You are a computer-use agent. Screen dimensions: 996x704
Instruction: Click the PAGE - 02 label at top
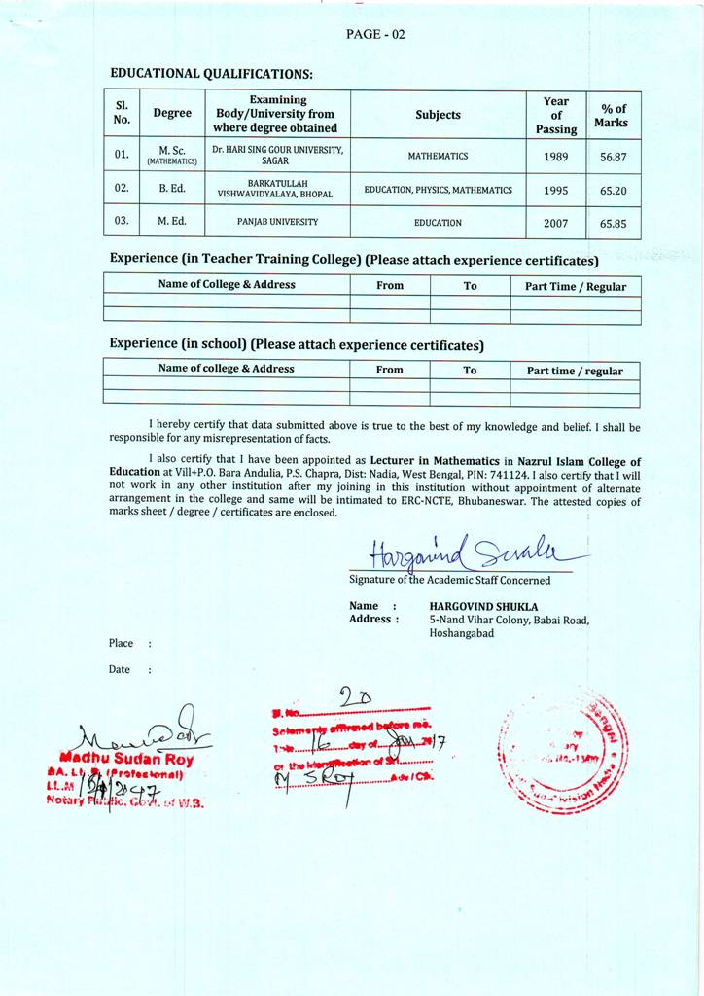(x=375, y=34)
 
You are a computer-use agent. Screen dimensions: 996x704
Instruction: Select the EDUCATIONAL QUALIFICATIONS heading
(x=211, y=73)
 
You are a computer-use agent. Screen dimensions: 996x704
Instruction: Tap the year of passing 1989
(x=556, y=157)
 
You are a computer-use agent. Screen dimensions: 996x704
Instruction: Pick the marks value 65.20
(x=613, y=191)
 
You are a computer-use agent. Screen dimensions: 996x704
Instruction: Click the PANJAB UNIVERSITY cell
(x=277, y=222)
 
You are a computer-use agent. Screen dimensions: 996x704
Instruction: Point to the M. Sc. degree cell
(x=172, y=155)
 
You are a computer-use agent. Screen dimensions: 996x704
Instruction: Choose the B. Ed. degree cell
(x=172, y=188)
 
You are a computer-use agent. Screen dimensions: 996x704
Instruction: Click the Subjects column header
(x=438, y=115)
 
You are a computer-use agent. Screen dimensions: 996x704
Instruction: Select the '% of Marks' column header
(x=614, y=116)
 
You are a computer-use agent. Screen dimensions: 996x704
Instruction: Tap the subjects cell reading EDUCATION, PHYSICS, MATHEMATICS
(x=438, y=190)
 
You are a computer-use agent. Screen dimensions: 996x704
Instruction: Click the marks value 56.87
(x=613, y=157)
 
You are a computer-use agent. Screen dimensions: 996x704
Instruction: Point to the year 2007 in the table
(x=556, y=223)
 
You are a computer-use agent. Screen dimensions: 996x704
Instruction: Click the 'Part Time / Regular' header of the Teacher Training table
(x=576, y=286)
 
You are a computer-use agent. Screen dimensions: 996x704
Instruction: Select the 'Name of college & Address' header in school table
(x=226, y=369)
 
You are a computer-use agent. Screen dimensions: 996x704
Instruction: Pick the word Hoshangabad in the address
(x=462, y=633)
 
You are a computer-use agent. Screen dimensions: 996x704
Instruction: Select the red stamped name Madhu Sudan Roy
(x=126, y=759)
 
